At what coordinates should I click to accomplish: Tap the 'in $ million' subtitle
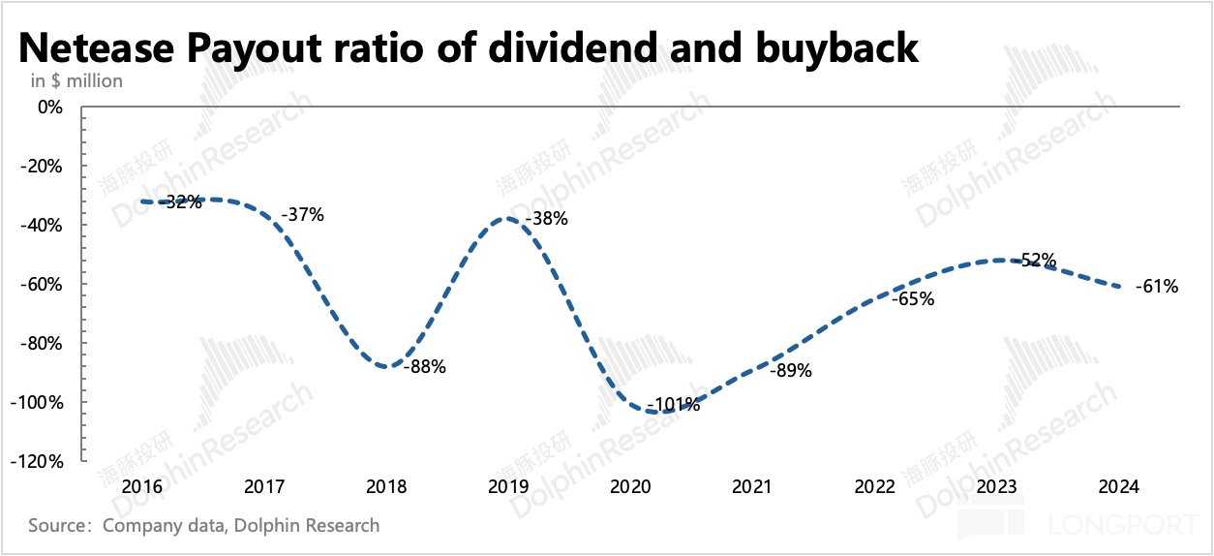tap(76, 80)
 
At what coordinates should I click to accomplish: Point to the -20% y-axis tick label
tap(43, 166)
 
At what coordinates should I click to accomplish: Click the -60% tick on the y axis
tap(43, 285)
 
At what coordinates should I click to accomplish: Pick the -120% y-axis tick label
tap(39, 462)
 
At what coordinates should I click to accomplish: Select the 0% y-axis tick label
tap(49, 107)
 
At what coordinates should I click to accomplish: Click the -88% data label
tap(425, 368)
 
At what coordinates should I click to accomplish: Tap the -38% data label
tap(546, 219)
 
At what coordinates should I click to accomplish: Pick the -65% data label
tap(913, 299)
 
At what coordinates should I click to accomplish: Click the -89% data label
tap(791, 370)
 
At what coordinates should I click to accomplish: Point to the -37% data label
tap(302, 215)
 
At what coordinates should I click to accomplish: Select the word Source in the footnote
tap(60, 526)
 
